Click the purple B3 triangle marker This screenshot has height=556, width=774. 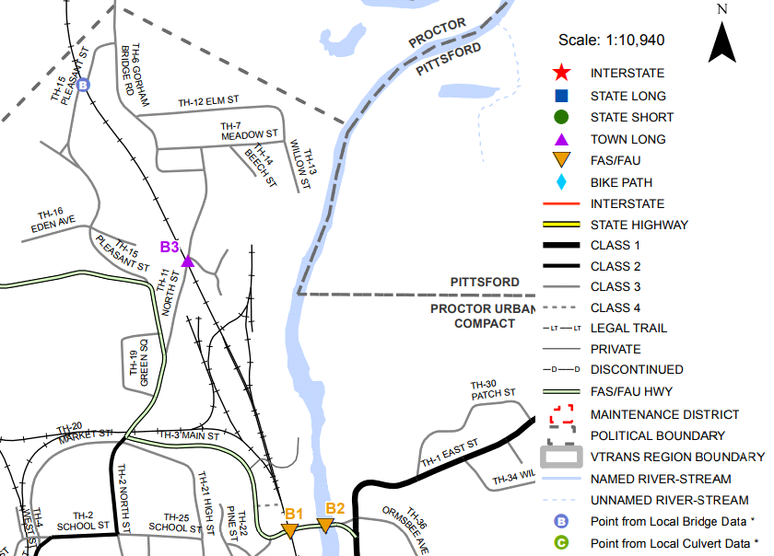(x=188, y=261)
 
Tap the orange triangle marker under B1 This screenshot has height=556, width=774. (x=289, y=530)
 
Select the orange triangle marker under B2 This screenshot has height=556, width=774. (x=325, y=525)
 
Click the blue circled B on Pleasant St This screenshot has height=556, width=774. (x=83, y=86)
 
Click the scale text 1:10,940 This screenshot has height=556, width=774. (x=612, y=41)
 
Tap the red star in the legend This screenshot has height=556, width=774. (x=561, y=73)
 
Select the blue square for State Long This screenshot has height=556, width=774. (x=561, y=96)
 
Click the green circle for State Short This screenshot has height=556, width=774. (x=561, y=117)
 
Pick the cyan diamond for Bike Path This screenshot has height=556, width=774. (x=561, y=182)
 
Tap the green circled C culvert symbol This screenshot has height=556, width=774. (x=561, y=543)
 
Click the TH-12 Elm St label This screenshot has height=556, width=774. (x=209, y=99)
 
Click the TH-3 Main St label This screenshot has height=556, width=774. (x=189, y=434)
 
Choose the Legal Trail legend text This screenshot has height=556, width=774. (x=628, y=328)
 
